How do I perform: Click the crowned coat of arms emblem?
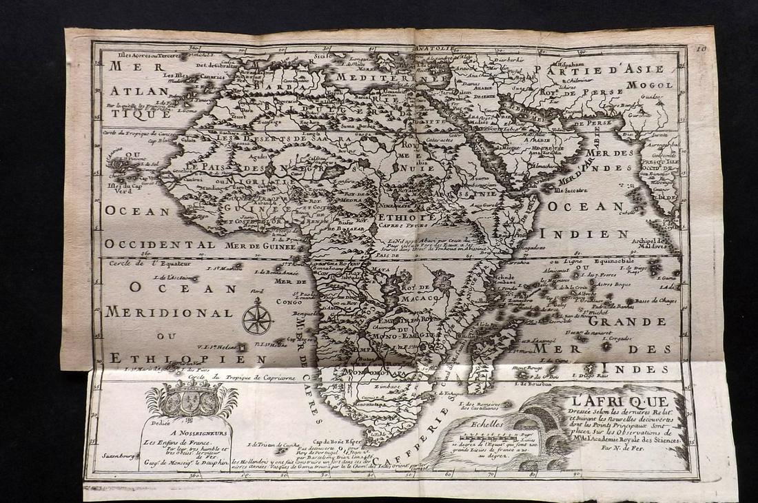(191, 399)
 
